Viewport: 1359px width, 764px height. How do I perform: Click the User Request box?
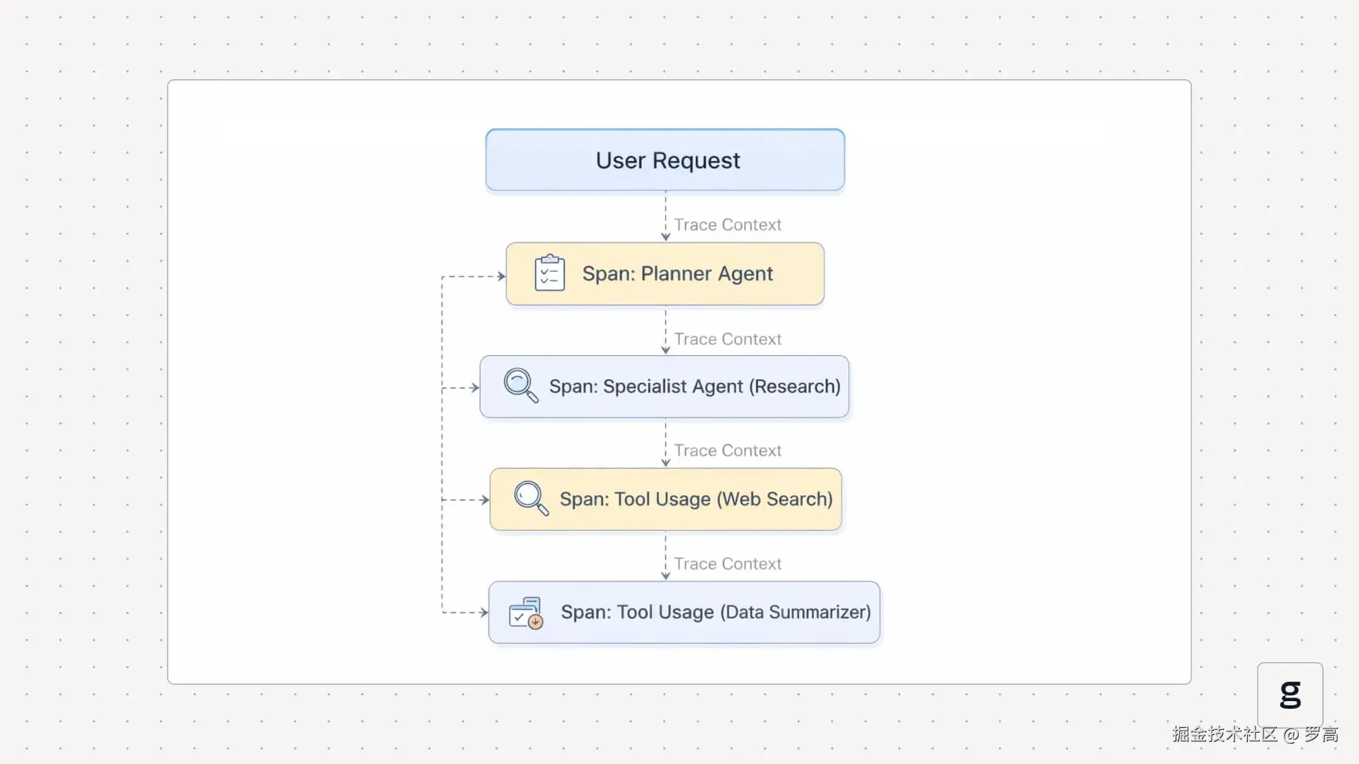click(x=665, y=160)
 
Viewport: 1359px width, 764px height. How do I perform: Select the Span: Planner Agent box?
click(x=665, y=274)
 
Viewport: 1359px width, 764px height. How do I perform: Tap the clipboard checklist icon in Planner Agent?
click(x=550, y=273)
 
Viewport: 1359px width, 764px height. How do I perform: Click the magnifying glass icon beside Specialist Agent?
click(x=521, y=386)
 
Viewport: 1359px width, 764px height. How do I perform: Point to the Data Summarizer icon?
click(x=526, y=613)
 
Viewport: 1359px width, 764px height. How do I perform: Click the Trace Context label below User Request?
click(x=728, y=225)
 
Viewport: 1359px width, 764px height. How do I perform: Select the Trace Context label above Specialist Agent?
click(x=728, y=340)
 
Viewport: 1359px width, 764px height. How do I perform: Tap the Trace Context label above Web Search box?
click(x=728, y=451)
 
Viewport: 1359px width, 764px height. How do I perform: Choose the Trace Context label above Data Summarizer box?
click(x=728, y=564)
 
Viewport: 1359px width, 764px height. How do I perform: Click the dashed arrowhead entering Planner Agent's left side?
click(x=501, y=277)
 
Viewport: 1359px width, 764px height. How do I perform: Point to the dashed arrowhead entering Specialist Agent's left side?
click(x=475, y=388)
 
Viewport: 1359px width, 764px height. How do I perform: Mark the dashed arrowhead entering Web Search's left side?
click(x=485, y=500)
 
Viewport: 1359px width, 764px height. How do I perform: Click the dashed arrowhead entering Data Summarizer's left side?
click(x=484, y=613)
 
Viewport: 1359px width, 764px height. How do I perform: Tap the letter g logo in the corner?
click(x=1290, y=695)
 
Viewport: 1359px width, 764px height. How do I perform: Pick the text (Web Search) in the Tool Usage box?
click(x=775, y=499)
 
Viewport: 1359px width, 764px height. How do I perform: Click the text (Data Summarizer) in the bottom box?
click(x=796, y=612)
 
